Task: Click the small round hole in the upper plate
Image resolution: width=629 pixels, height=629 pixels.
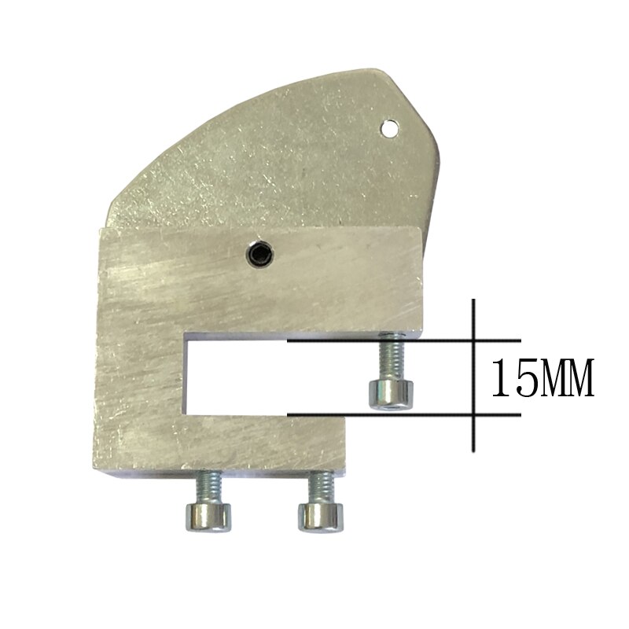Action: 389,128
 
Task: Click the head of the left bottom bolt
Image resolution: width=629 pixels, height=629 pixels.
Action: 208,517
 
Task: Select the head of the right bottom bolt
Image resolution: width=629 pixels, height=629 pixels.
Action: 321,517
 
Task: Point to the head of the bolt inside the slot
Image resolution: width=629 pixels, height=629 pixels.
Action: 391,395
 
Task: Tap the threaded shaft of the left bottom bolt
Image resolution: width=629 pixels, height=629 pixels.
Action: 208,487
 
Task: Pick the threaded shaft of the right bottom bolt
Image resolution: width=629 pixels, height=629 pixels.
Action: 321,487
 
